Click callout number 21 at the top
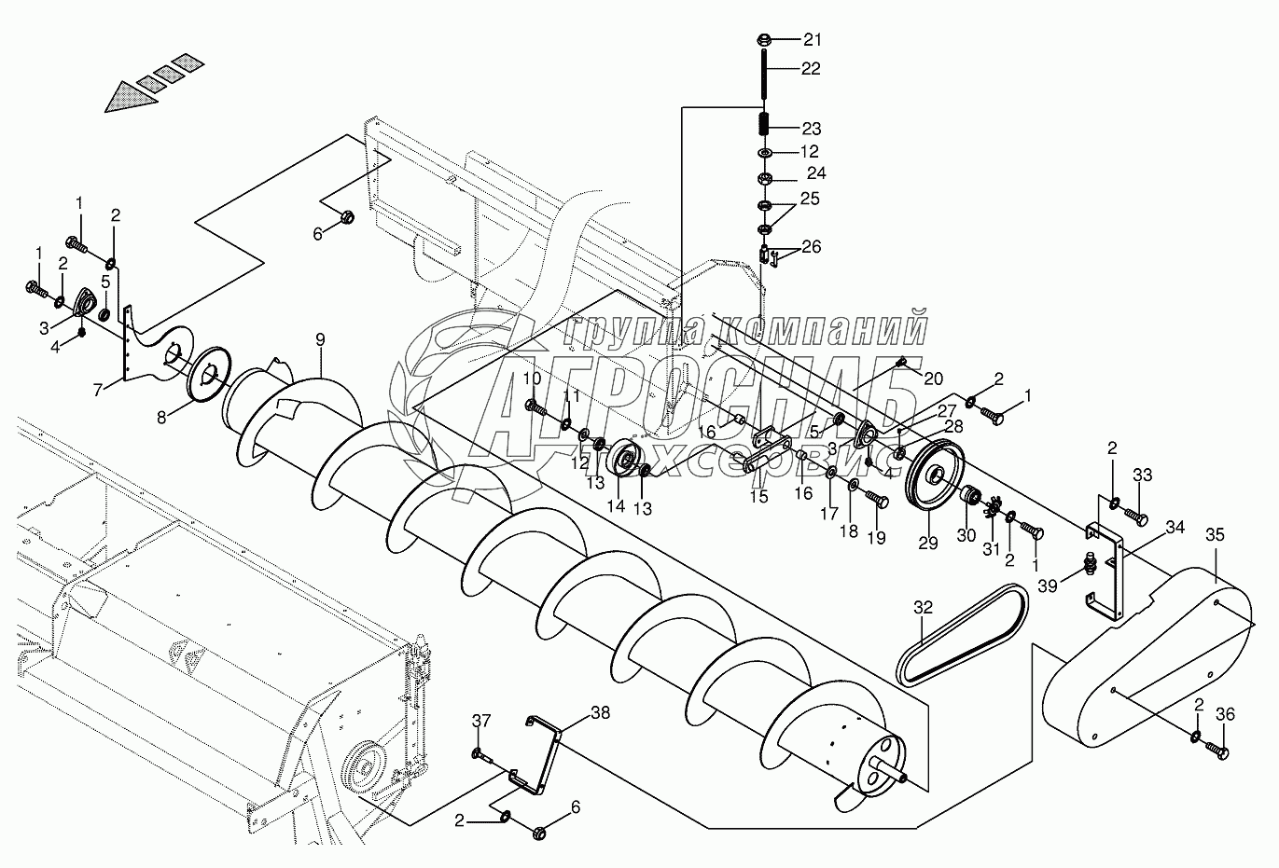coord(813,39)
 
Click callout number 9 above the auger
coord(320,339)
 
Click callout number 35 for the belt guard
coord(1214,535)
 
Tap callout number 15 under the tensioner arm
coord(759,497)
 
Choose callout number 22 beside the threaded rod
coord(811,69)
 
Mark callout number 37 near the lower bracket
coord(480,720)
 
